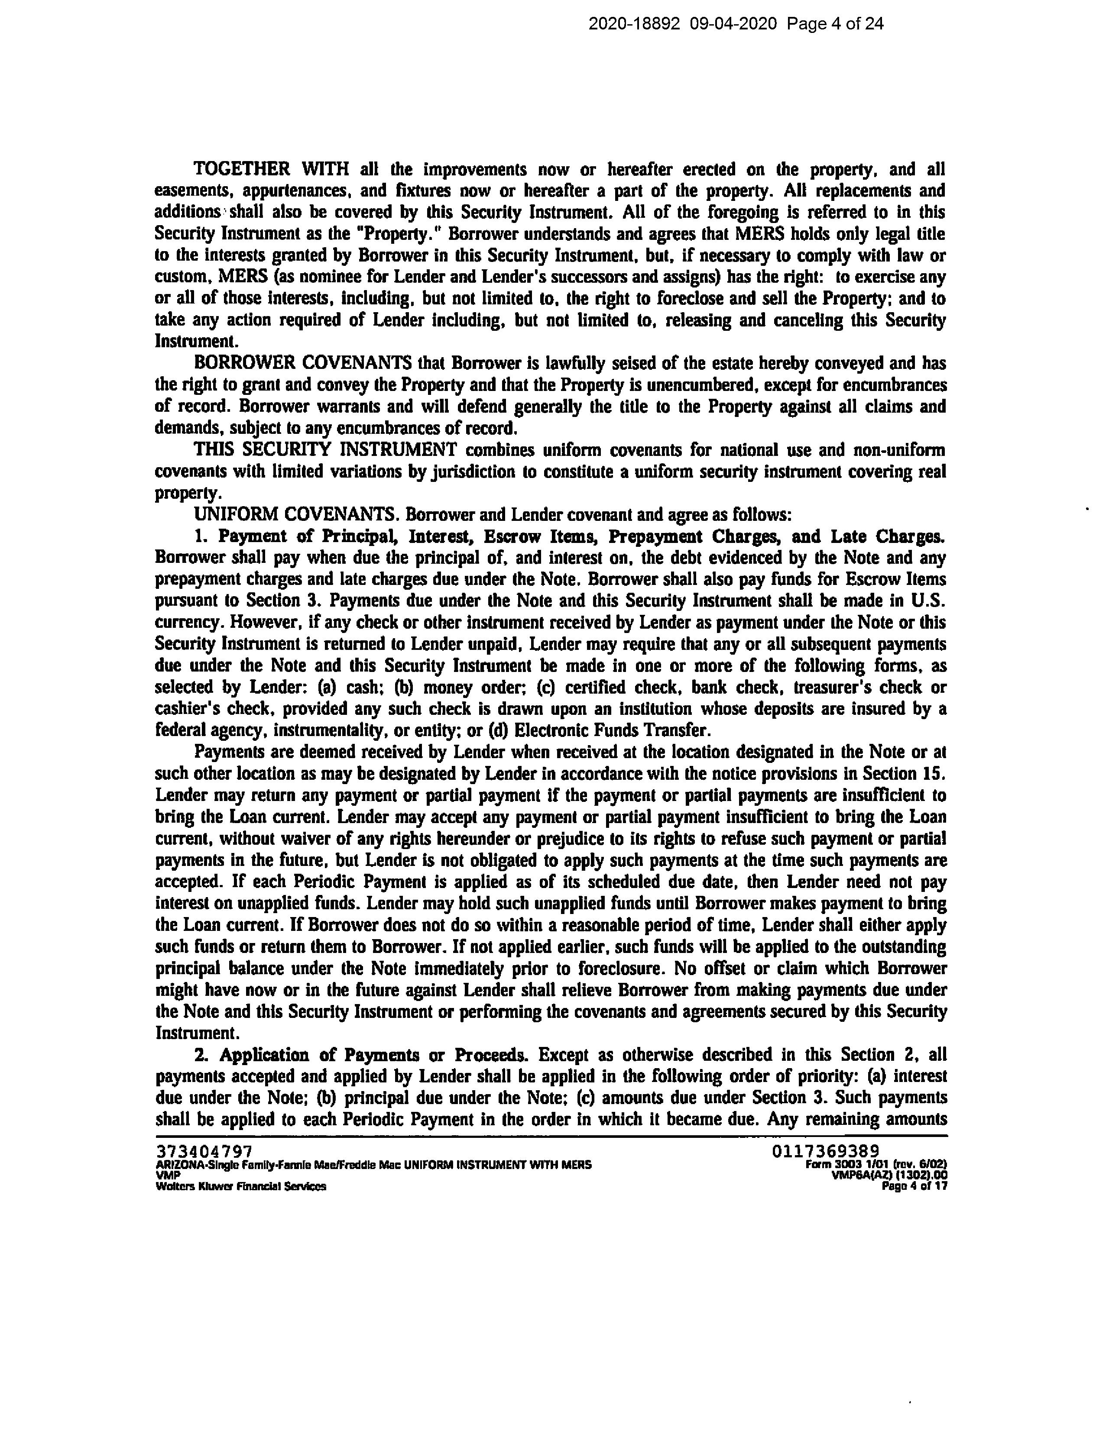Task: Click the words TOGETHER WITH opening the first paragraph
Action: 271,169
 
